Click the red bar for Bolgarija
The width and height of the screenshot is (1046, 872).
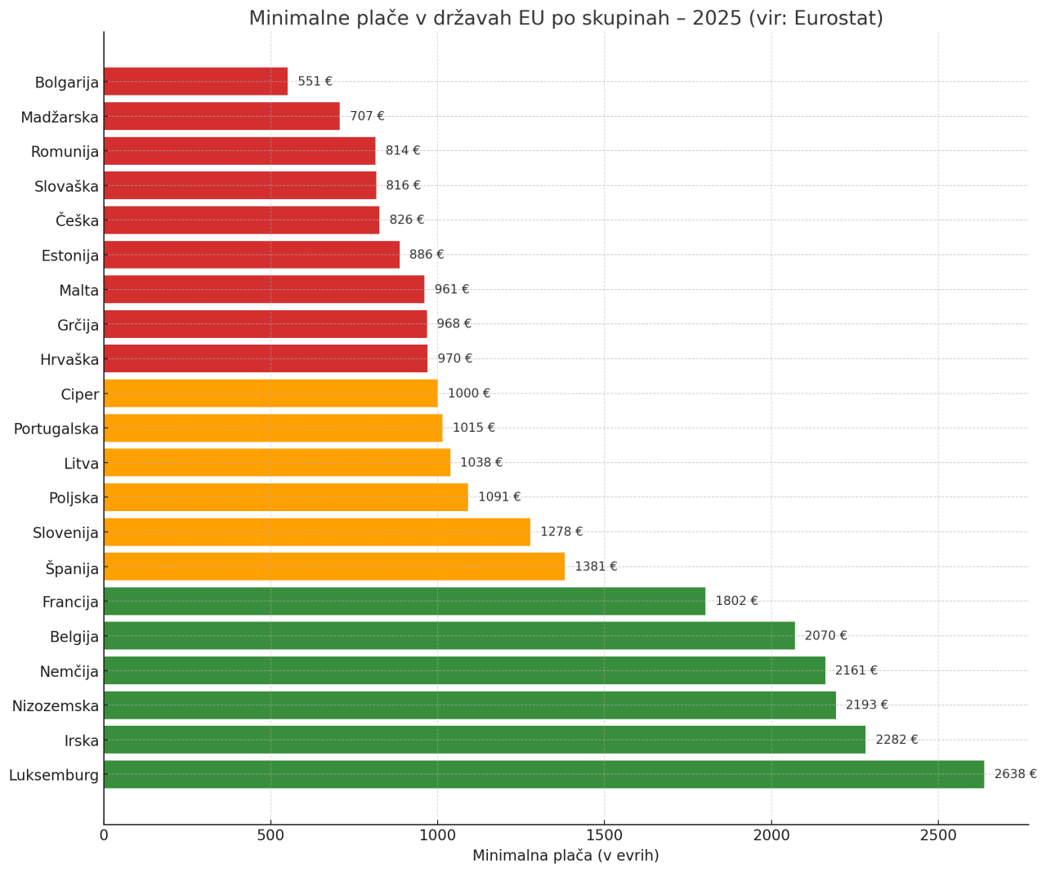[x=195, y=82]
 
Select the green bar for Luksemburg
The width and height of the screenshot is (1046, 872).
[x=543, y=774]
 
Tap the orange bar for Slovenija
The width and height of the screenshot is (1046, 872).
[x=316, y=532]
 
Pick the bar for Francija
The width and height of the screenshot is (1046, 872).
[x=404, y=601]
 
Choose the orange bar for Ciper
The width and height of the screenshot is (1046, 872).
[x=270, y=394]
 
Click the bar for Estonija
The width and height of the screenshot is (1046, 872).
[x=251, y=255]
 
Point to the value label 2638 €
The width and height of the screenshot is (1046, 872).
[x=1015, y=774]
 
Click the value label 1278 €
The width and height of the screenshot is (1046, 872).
[x=561, y=532]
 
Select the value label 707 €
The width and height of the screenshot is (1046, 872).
[x=367, y=116]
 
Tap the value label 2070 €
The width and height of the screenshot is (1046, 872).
[x=825, y=635]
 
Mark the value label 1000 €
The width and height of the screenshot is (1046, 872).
[x=469, y=394]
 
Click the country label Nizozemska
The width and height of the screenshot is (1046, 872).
[x=55, y=705]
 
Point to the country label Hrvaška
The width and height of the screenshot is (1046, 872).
[x=69, y=359]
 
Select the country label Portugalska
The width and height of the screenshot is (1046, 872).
[x=56, y=429]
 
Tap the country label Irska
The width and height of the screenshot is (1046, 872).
[x=82, y=741]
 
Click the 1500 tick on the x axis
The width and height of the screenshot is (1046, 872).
[x=604, y=835]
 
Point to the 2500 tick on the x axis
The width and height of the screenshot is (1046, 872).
[x=938, y=835]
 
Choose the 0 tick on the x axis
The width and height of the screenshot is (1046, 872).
[x=104, y=835]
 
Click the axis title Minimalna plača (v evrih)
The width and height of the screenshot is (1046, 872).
[x=565, y=856]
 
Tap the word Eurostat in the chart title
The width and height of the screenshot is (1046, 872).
[x=838, y=18]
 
